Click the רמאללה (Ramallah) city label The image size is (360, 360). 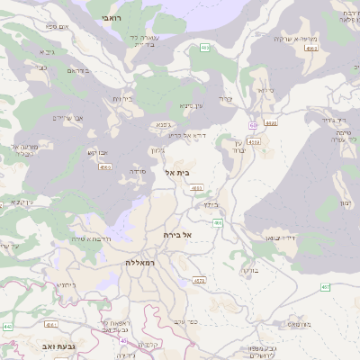[x=142, y=262]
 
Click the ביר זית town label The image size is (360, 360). [x=121, y=99]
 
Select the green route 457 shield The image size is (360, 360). [x=326, y=287]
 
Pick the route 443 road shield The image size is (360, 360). [x=7, y=327]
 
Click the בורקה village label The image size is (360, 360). [x=249, y=270]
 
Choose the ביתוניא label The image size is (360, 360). [x=67, y=284]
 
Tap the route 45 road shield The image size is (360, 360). [x=123, y=340]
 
